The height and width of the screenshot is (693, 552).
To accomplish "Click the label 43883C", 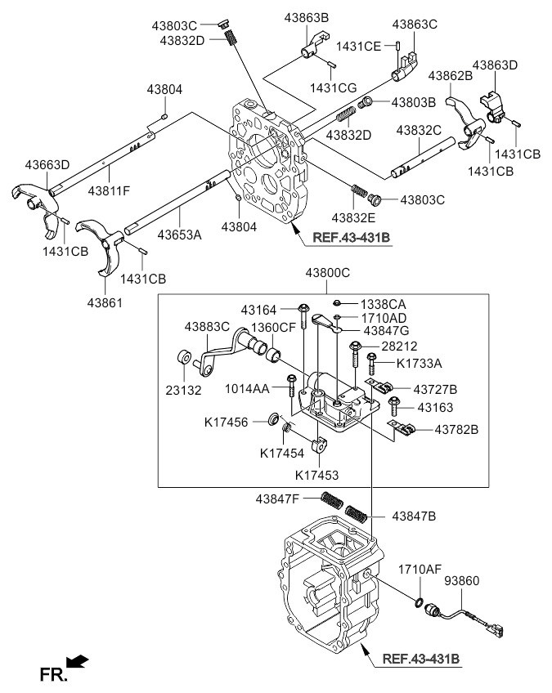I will coord(184,327).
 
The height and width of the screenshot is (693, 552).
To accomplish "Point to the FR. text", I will coord(52,674).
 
